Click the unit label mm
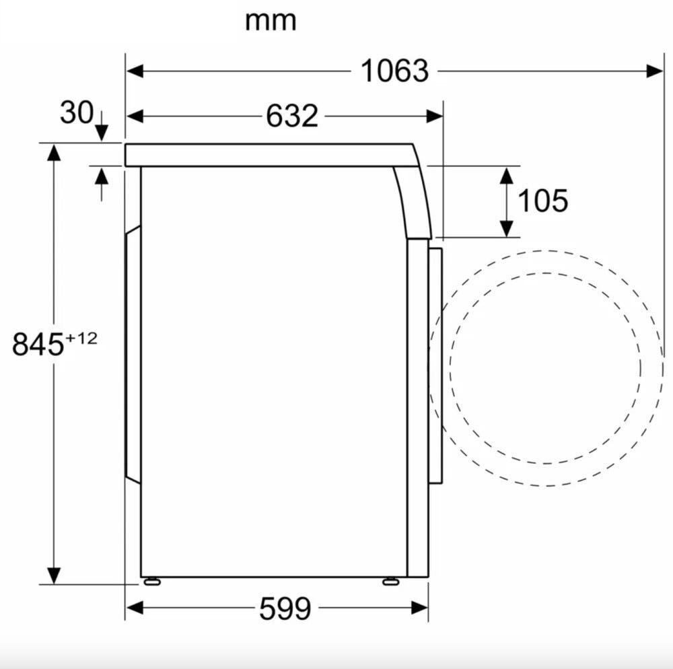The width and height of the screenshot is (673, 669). click(271, 21)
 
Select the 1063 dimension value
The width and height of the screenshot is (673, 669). click(394, 71)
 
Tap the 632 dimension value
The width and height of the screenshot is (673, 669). click(292, 116)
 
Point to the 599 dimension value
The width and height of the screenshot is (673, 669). click(285, 608)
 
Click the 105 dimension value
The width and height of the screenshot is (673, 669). click(542, 201)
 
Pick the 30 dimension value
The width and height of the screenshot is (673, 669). click(77, 112)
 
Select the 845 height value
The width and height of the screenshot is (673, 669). click(38, 344)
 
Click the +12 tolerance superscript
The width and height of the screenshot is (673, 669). click(81, 339)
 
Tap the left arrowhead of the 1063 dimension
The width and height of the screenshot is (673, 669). click(135, 71)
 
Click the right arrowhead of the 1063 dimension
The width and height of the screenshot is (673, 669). click(655, 71)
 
